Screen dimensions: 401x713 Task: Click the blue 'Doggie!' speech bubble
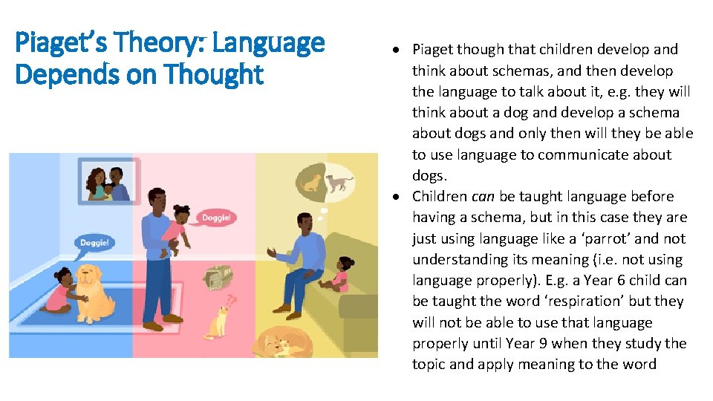(x=94, y=242)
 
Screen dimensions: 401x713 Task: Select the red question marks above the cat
(x=232, y=301)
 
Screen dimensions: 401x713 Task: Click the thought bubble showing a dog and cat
(x=325, y=182)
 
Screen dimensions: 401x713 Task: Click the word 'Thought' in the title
(x=223, y=74)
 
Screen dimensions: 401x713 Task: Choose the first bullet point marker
(x=398, y=50)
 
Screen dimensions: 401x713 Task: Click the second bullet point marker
(x=398, y=197)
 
